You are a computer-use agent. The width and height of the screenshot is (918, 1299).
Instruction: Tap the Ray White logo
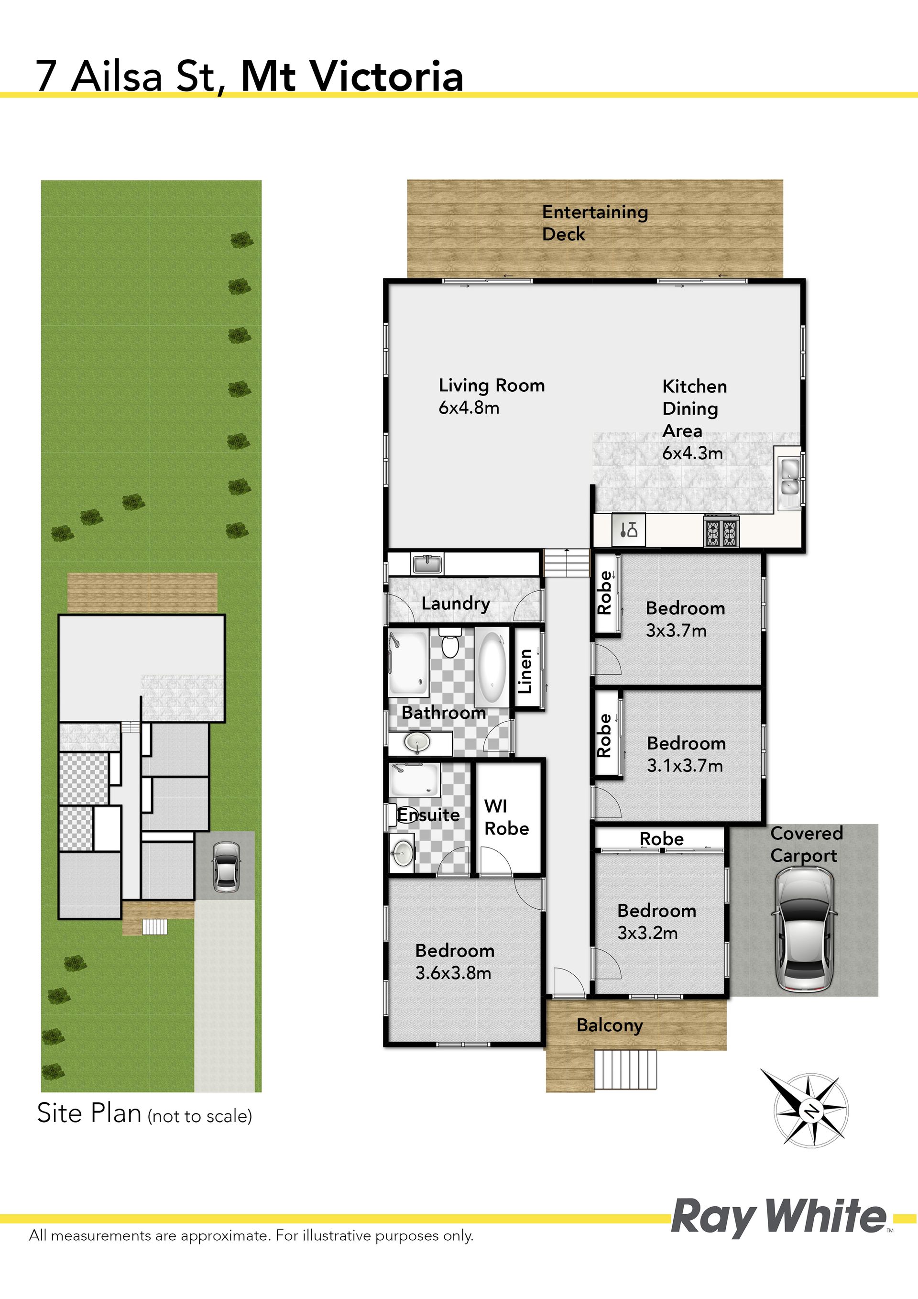coord(779,1216)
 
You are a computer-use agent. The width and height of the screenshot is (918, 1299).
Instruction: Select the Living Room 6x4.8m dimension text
coord(469,407)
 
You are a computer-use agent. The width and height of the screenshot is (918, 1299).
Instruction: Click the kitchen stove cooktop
coord(721,531)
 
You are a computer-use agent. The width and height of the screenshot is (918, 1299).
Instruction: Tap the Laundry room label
coord(456,604)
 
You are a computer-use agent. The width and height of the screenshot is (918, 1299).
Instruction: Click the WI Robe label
coord(506,817)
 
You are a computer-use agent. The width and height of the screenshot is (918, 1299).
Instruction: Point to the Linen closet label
coord(525,671)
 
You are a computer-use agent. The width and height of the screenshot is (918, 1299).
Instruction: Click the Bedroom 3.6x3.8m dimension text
coord(453,973)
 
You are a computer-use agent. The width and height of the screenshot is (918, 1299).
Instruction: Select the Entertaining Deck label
coord(595,223)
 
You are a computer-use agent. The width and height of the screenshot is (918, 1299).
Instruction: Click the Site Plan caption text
coord(144,1114)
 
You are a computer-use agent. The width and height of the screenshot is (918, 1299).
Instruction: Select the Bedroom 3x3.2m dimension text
coord(647,933)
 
